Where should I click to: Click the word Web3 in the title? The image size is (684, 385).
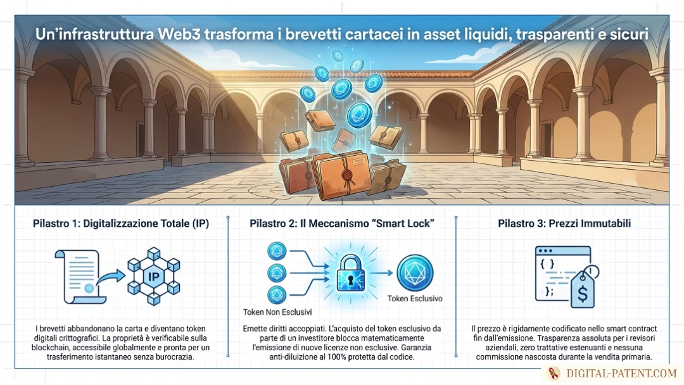[x=179, y=34]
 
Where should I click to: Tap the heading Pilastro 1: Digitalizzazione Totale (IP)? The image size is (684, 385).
[x=121, y=224]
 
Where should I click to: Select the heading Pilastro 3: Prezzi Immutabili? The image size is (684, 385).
[x=564, y=224]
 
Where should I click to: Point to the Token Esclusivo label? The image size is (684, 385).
[x=415, y=299]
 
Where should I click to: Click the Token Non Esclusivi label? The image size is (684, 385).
[x=277, y=312]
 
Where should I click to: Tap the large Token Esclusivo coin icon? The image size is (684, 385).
[x=415, y=274]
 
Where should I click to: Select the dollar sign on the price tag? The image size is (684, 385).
[x=583, y=294]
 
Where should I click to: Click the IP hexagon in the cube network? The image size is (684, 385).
[x=153, y=276]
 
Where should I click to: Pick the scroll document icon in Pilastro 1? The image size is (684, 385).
[x=81, y=277]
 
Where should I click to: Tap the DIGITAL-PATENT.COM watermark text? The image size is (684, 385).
[x=621, y=373]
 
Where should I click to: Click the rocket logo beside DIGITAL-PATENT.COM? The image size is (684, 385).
[x=554, y=373]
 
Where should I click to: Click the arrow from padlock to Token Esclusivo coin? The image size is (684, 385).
[x=382, y=274]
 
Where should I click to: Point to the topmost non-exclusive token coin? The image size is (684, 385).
[x=277, y=251]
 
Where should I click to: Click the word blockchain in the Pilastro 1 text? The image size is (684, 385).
[x=48, y=348]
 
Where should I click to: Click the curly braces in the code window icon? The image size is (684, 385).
[x=547, y=264]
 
